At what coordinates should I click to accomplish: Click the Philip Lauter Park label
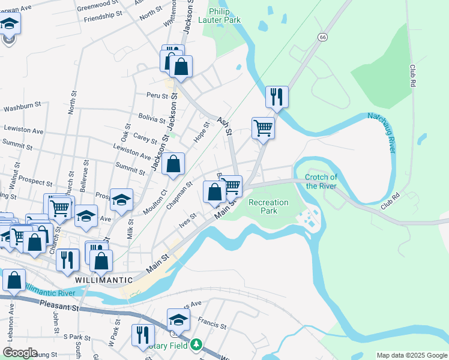(x=225, y=16)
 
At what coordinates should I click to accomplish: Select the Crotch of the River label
(x=321, y=181)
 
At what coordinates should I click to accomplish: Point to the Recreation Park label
(x=268, y=207)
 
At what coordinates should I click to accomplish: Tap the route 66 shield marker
(x=323, y=37)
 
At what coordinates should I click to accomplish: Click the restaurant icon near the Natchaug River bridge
(x=277, y=96)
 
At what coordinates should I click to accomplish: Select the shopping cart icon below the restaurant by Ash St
(x=263, y=127)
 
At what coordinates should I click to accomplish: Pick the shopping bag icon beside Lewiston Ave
(x=173, y=164)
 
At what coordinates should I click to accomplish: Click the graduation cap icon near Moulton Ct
(x=122, y=200)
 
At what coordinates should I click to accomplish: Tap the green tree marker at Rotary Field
(x=196, y=346)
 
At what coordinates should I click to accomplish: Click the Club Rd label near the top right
(x=412, y=77)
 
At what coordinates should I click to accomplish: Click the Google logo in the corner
(x=20, y=353)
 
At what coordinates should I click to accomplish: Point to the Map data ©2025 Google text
(x=411, y=355)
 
